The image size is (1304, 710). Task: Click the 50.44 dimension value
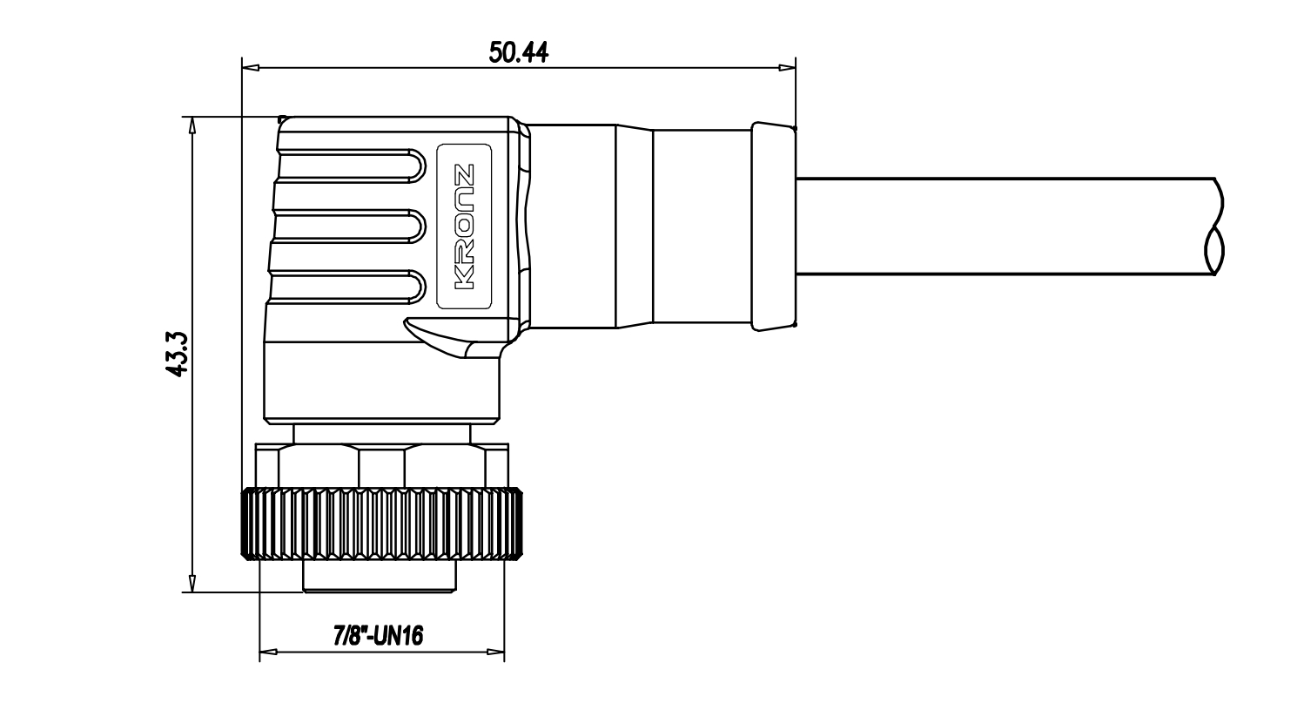click(518, 52)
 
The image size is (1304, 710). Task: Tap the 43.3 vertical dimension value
click(177, 354)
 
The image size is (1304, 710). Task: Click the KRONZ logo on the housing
click(464, 227)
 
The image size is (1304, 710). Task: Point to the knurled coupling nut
click(382, 524)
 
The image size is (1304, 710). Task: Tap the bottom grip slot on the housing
click(347, 287)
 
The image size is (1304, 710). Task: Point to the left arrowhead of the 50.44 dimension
click(251, 68)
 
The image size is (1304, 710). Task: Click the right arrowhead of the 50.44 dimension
click(787, 68)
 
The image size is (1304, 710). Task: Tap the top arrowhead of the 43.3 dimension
click(192, 125)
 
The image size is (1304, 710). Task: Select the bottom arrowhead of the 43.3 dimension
click(192, 584)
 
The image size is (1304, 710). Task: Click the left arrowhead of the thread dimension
click(268, 651)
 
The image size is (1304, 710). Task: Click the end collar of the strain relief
click(774, 227)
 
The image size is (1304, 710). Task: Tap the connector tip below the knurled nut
click(380, 577)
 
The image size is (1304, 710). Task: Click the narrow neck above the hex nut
click(382, 434)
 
